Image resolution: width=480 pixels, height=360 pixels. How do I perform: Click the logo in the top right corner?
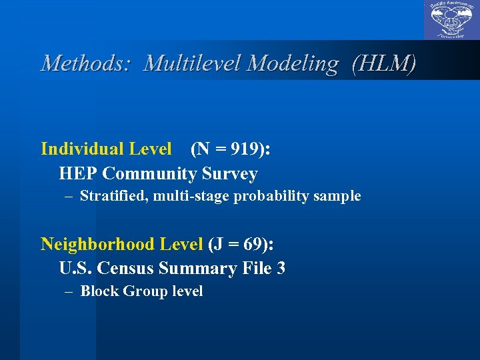(451, 20)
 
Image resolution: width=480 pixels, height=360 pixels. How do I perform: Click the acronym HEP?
(79, 174)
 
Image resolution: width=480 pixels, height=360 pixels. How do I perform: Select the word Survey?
(230, 174)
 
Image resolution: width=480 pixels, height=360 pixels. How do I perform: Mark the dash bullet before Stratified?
(69, 196)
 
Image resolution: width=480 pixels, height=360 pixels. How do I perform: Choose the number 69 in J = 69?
(251, 244)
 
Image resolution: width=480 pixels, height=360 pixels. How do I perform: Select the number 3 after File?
(281, 269)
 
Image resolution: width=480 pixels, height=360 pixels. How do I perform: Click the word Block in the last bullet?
(97, 291)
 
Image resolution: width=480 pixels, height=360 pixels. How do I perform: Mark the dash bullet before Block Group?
(69, 291)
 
